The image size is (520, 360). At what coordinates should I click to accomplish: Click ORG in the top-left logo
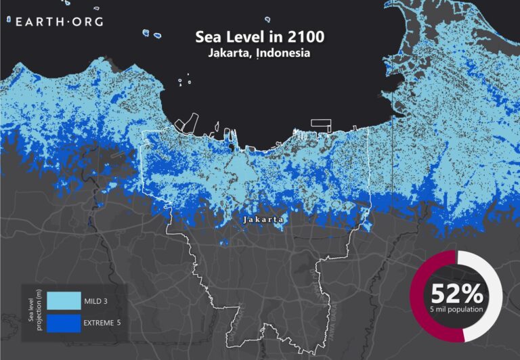tap(87, 22)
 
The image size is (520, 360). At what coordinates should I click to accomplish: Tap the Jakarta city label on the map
tap(262, 220)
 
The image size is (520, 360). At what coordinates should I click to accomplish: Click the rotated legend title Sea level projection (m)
tap(30, 311)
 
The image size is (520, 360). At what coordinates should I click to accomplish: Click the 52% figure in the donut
tap(456, 293)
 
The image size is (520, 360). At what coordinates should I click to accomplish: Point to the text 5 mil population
tap(456, 309)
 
